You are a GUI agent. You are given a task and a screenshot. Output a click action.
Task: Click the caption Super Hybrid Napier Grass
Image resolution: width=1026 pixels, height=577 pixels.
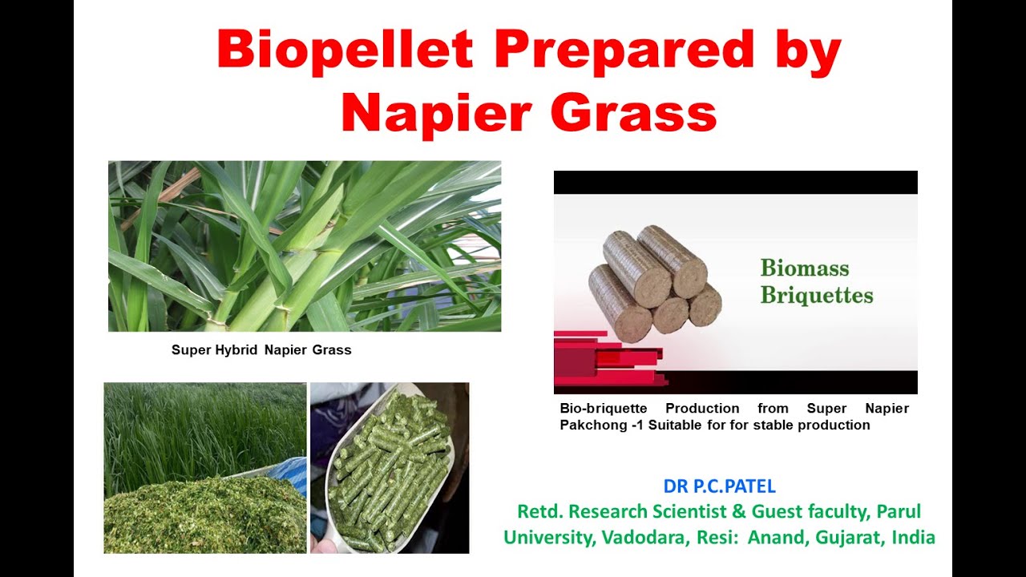point(261,350)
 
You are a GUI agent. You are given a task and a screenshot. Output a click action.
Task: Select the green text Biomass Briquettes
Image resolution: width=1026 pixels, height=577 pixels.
point(816,281)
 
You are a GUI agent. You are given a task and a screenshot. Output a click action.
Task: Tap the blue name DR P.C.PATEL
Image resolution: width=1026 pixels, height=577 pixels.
point(719,486)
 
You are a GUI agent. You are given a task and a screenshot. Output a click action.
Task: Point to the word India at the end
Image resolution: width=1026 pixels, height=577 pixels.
point(913,537)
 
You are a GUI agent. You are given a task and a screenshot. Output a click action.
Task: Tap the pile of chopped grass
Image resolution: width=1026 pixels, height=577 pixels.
point(200,517)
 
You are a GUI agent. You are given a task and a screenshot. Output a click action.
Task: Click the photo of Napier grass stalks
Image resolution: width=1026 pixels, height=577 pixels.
point(305,246)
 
